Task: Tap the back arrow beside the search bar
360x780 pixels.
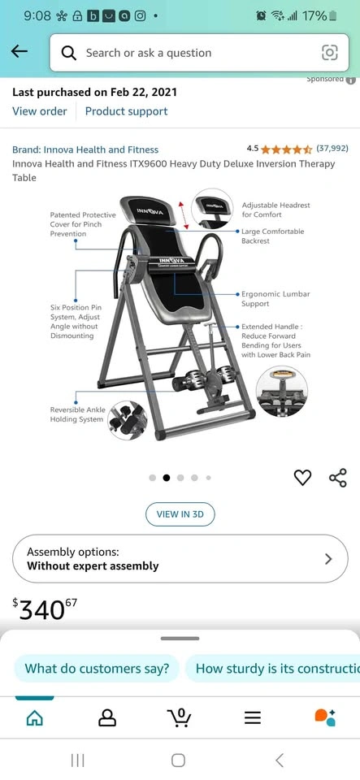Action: coord(19,50)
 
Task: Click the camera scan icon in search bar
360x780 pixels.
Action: coord(330,53)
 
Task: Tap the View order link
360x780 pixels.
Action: coord(39,111)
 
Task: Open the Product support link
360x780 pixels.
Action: coord(126,111)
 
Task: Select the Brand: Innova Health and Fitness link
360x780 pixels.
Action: coord(85,149)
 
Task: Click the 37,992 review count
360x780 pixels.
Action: coord(332,148)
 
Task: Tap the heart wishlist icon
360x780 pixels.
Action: coord(302,478)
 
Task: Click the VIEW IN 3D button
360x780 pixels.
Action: coord(180,514)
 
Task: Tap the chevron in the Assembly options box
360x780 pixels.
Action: coord(328,559)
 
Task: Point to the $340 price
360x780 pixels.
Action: coord(45,609)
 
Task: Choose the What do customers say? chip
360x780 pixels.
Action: coord(97,668)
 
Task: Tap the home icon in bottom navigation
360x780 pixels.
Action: coord(34,717)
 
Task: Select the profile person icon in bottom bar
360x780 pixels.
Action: coord(107,717)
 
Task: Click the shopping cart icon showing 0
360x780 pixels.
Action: coord(180,717)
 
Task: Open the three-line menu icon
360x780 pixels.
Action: coord(253,717)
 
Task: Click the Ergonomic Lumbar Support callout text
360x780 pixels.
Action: coord(275,299)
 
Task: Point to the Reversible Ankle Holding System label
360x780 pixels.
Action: coord(77,414)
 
